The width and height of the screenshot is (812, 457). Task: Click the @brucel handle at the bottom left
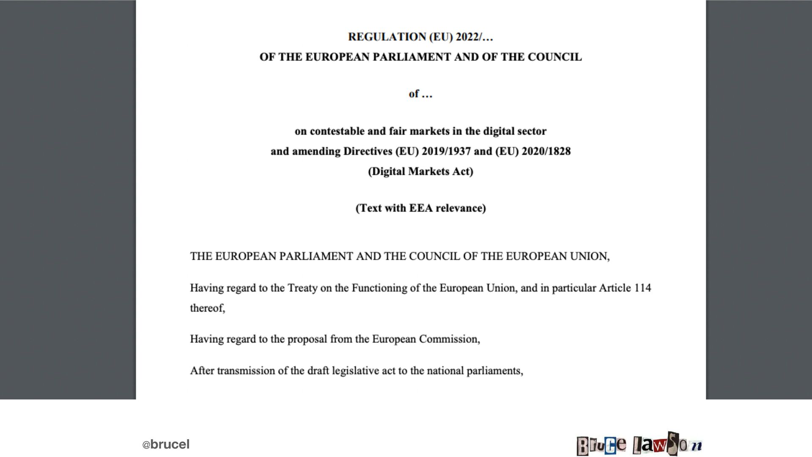(x=166, y=445)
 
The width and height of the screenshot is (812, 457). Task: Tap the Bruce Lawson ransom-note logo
(x=639, y=444)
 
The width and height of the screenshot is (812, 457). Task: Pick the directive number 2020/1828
(x=546, y=151)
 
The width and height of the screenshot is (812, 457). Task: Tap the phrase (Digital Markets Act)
(x=420, y=172)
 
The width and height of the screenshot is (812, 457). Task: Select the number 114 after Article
(x=642, y=288)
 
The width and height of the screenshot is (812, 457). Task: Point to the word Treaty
(x=302, y=288)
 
